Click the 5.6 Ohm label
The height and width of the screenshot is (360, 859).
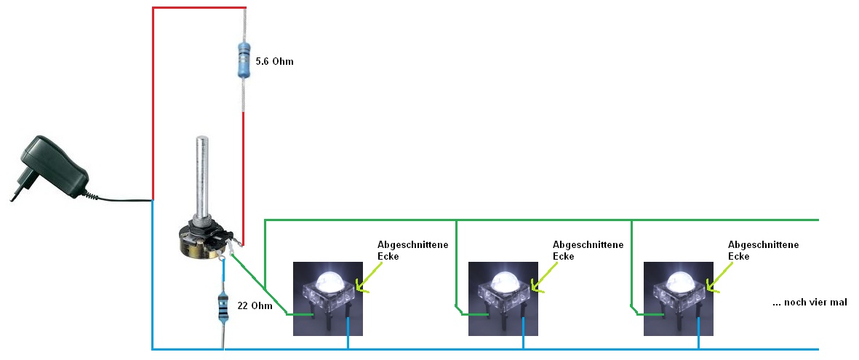[275, 62]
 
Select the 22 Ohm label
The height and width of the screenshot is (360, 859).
[255, 305]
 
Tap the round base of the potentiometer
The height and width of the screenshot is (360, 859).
[198, 244]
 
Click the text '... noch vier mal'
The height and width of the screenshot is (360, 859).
[810, 302]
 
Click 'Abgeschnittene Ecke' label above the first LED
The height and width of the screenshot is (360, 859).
[412, 250]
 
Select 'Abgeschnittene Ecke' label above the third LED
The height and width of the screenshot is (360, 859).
[763, 250]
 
